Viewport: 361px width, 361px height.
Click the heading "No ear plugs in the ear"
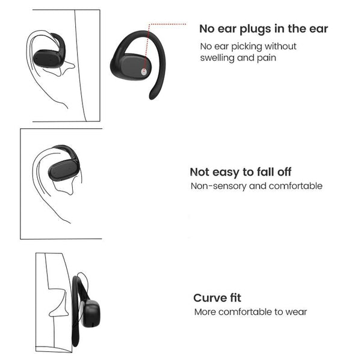[264, 29]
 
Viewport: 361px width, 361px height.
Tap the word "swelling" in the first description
[217, 58]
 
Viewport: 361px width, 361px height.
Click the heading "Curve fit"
[217, 298]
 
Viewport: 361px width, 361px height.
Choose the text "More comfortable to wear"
[250, 312]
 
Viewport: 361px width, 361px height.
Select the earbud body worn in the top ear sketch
[46, 58]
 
